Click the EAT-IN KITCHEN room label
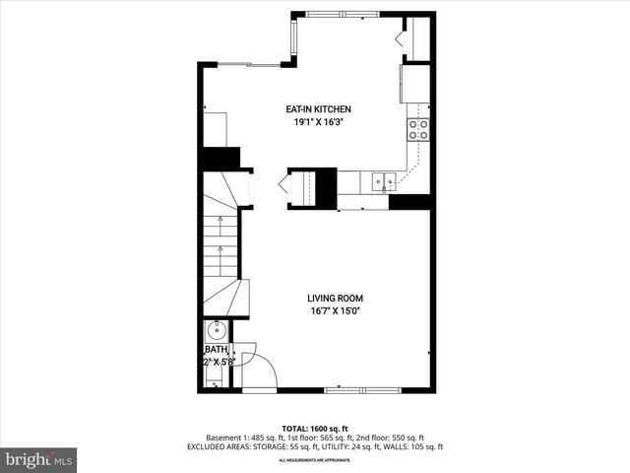pyautogui.click(x=318, y=109)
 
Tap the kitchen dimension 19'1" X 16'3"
pyautogui.click(x=318, y=122)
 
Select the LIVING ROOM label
pyautogui.click(x=335, y=298)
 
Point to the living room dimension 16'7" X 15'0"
pyautogui.click(x=335, y=310)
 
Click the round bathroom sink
pyautogui.click(x=214, y=330)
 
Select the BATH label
pyautogui.click(x=215, y=350)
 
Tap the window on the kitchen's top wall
pyautogui.click(x=342, y=15)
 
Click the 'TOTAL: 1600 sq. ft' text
pyautogui.click(x=315, y=428)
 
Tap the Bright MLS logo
pyautogui.click(x=39, y=459)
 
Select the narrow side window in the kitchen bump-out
pyautogui.click(x=291, y=38)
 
